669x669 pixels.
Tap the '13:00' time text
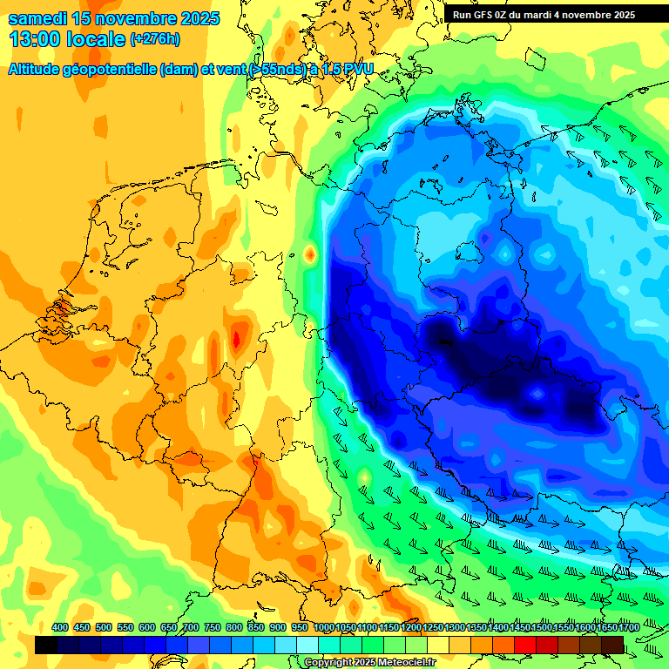click(34, 38)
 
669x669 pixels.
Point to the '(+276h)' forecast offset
click(156, 38)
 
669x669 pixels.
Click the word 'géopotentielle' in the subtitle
click(112, 69)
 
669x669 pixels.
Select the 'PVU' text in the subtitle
click(354, 69)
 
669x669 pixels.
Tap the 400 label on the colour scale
click(60, 628)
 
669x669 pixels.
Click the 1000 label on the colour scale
click(323, 628)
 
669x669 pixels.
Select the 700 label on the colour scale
click(191, 628)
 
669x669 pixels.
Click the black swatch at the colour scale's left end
click(46, 645)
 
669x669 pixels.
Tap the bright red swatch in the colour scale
click(525, 645)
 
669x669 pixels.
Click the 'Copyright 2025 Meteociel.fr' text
click(369, 662)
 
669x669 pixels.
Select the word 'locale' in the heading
click(93, 38)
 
